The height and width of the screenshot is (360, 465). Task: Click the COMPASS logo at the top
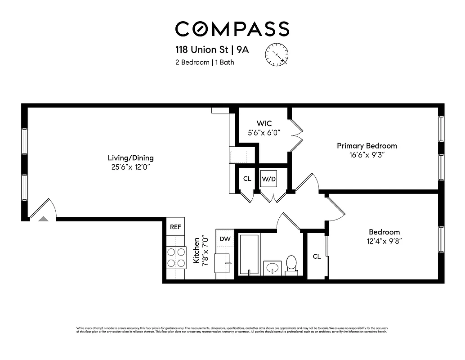tap(232, 29)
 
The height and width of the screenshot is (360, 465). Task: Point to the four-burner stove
tap(176, 258)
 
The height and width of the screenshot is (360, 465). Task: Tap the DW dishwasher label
tap(225, 239)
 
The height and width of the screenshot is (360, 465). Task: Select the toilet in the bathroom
tap(291, 265)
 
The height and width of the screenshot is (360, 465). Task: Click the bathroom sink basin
tap(272, 268)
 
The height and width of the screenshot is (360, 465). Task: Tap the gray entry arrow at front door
tap(43, 219)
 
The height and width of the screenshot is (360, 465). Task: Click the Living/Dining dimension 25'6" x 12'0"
tap(130, 166)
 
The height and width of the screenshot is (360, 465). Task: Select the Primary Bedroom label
tap(367, 146)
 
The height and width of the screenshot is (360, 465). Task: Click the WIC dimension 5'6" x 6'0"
tap(264, 133)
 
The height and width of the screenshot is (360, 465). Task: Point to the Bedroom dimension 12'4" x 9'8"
tap(385, 241)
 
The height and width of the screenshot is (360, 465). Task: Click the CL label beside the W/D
tap(247, 179)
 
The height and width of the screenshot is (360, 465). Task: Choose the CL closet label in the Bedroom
tap(317, 256)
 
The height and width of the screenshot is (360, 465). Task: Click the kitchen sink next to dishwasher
tap(224, 263)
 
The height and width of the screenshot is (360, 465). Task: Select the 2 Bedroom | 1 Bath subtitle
tap(205, 63)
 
